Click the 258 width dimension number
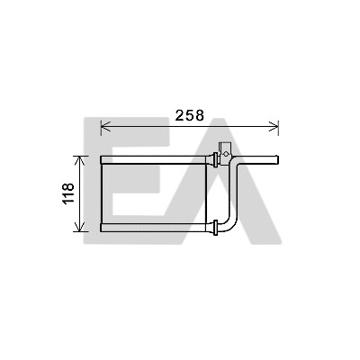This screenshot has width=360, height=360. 190,115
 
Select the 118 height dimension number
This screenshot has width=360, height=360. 68,193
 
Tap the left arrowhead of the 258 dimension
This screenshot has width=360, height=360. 105,126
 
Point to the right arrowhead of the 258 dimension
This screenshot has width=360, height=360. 274,126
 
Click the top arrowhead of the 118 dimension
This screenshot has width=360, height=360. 79,161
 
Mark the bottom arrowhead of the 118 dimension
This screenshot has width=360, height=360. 79,227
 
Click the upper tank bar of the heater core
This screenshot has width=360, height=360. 154,160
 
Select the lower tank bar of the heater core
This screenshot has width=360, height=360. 154,228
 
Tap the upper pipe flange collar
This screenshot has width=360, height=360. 215,160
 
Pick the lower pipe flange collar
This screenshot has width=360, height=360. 215,228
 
